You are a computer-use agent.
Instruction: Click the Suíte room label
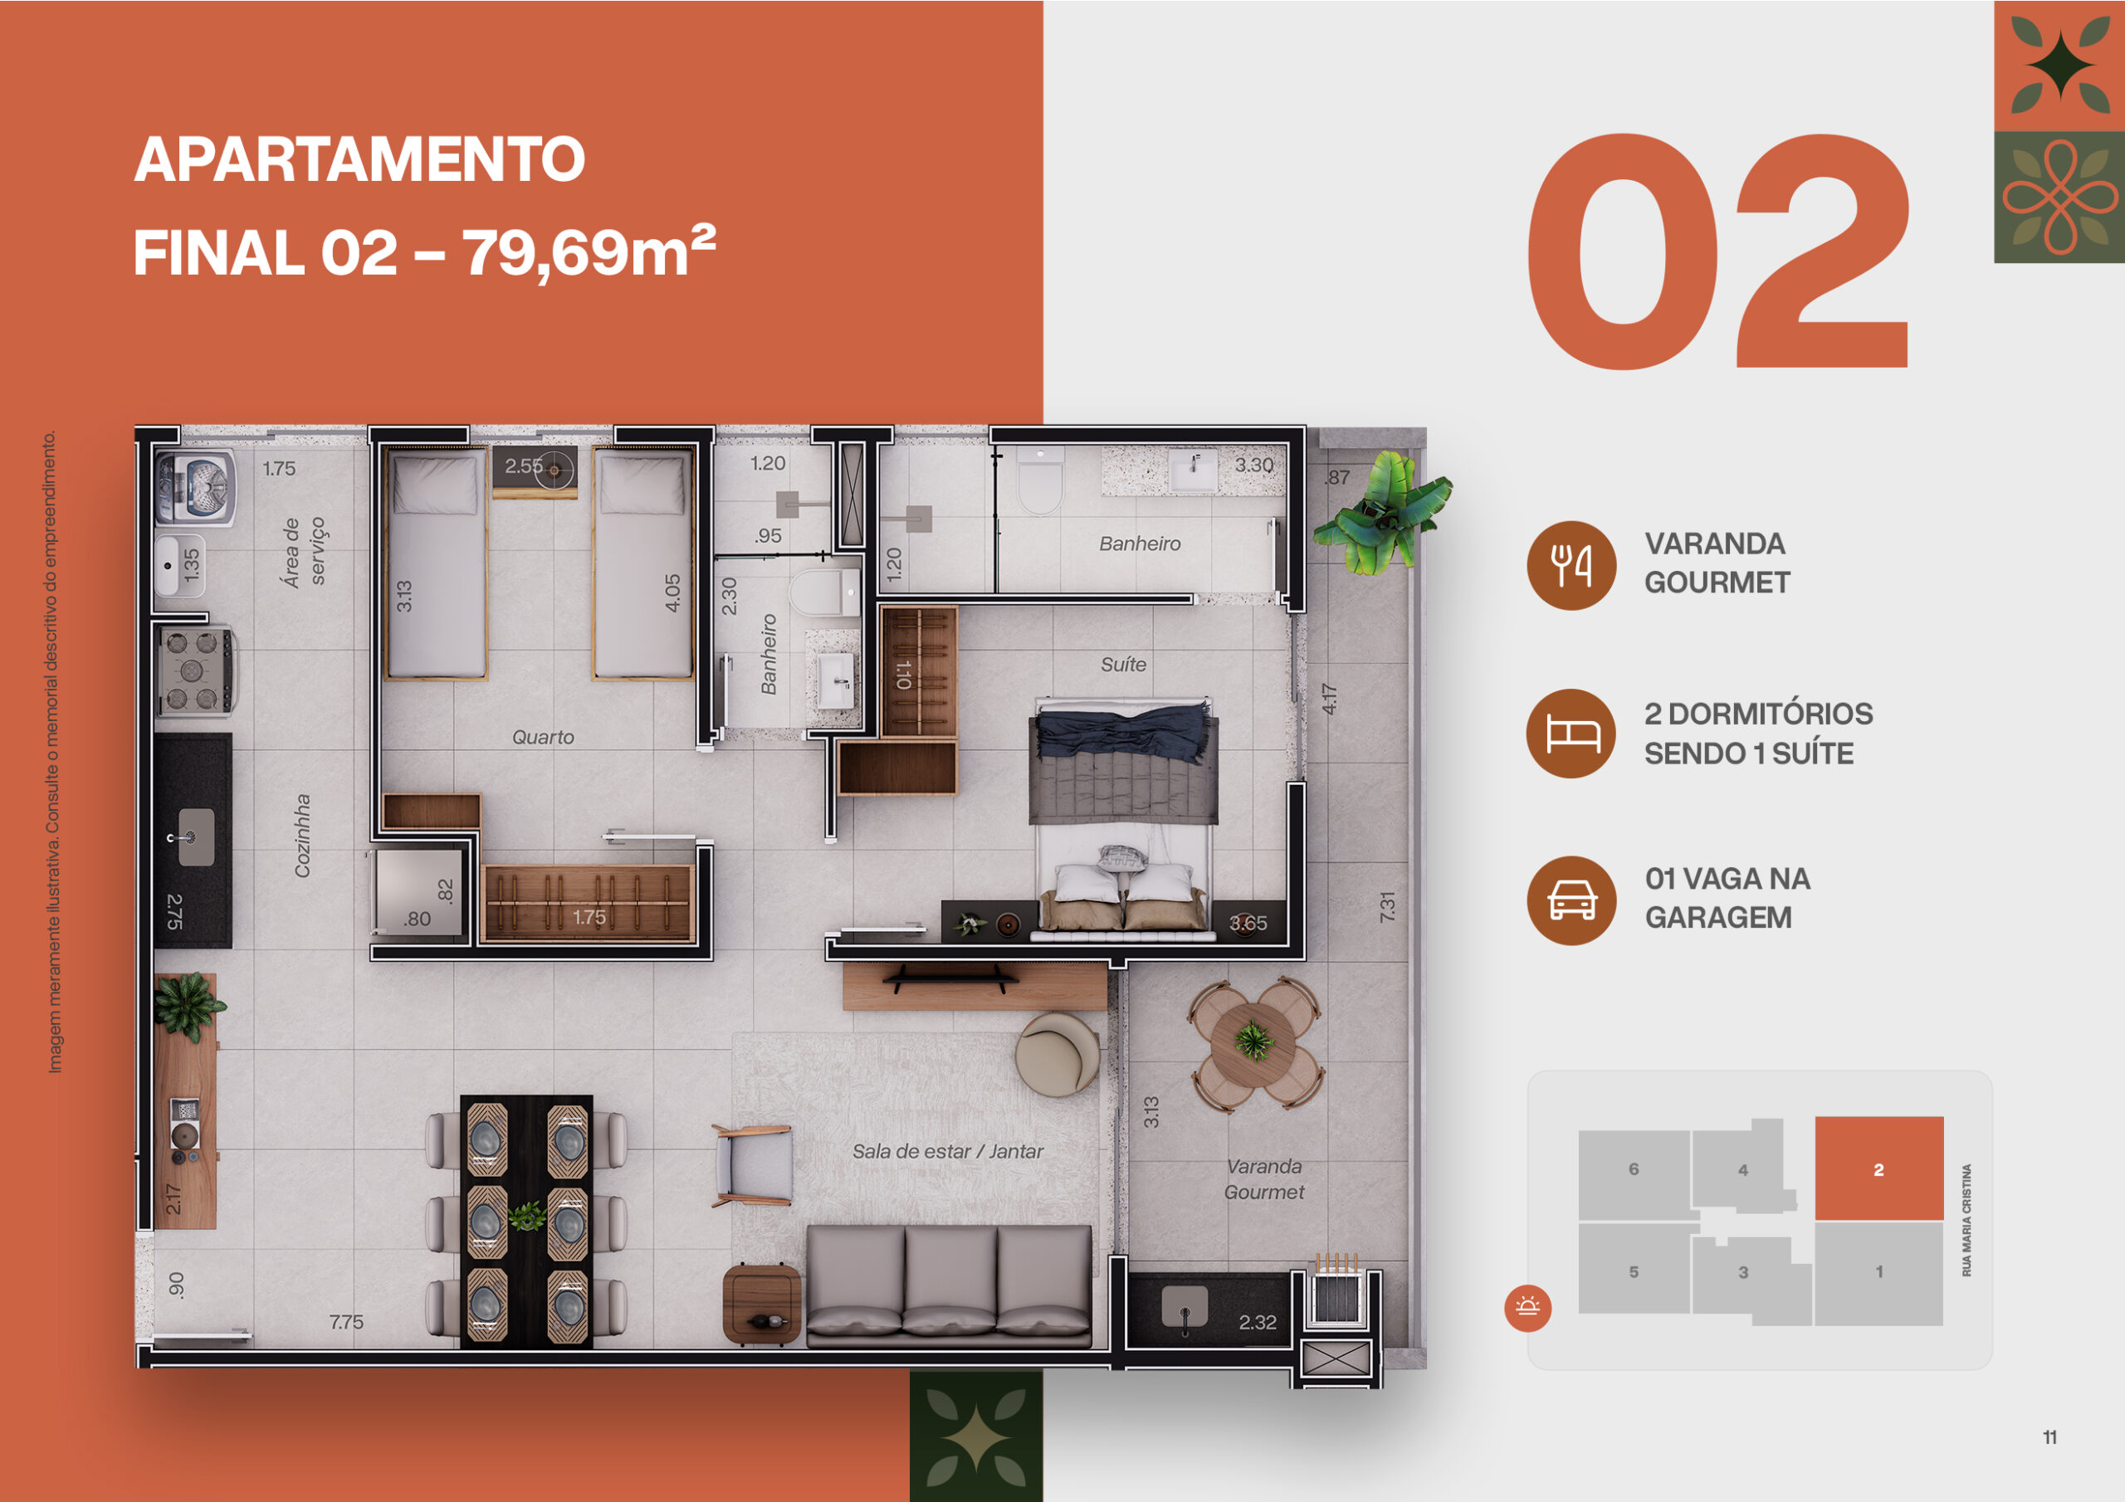click(x=1122, y=664)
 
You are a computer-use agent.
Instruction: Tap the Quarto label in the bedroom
click(x=543, y=737)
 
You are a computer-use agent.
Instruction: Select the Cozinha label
click(x=301, y=836)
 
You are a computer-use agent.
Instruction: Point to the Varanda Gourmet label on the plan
click(x=1263, y=1179)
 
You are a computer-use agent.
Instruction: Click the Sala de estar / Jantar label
click(x=947, y=1151)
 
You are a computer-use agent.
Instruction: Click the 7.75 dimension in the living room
click(x=346, y=1322)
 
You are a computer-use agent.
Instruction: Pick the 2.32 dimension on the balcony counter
click(x=1257, y=1323)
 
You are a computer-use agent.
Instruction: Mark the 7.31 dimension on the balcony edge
click(x=1386, y=906)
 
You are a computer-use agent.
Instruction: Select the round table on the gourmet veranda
click(x=1255, y=1043)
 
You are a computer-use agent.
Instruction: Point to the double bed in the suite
click(x=1122, y=814)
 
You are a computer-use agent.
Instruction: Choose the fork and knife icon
click(x=1571, y=565)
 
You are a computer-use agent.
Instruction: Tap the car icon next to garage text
click(x=1571, y=900)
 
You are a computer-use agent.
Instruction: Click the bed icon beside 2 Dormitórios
click(x=1571, y=734)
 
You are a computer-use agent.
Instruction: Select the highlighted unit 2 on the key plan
click(x=1878, y=1169)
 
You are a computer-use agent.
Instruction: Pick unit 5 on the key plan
click(x=1634, y=1271)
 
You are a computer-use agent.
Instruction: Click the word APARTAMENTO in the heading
click(x=359, y=159)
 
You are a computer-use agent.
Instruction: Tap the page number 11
click(x=2049, y=1437)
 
